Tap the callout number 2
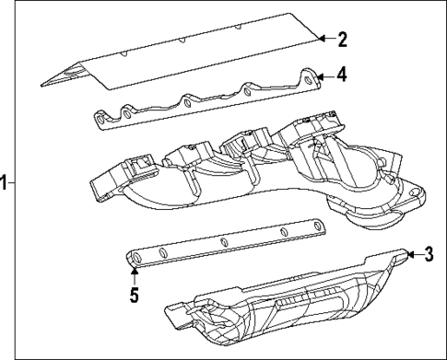pos(342,39)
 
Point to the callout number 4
pos(342,75)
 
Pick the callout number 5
pos(134,298)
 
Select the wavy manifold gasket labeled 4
pos(203,101)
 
